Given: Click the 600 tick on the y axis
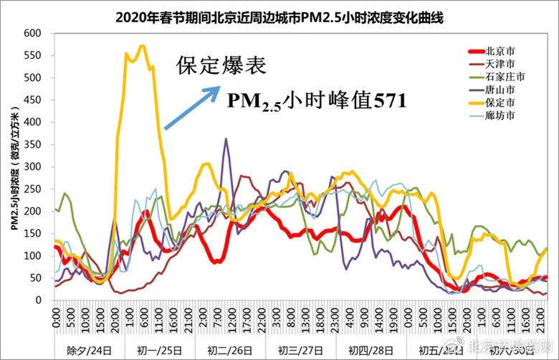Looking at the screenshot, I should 33,33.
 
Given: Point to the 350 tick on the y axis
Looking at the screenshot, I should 33,144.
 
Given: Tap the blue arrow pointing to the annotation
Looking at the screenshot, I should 192,108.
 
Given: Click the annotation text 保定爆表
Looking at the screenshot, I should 221,66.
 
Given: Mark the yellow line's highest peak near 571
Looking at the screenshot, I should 142,46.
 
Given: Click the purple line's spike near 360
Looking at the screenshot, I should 226,139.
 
